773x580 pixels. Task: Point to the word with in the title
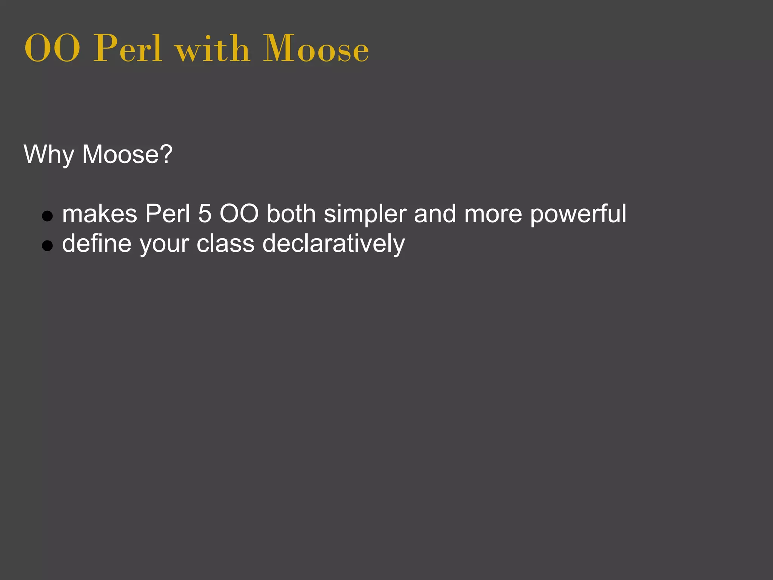[212, 49]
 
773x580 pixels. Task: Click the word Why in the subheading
[49, 154]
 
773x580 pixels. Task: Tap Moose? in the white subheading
[127, 154]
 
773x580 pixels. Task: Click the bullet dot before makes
[47, 216]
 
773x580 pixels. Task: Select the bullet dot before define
[47, 246]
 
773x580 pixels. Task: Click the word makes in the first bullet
[100, 214]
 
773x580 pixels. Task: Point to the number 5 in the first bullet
[205, 214]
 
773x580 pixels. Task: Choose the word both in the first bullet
[291, 214]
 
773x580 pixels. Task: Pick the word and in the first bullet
[435, 214]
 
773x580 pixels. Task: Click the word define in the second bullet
[97, 244]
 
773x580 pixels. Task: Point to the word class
[225, 244]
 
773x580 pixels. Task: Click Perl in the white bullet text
[168, 214]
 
